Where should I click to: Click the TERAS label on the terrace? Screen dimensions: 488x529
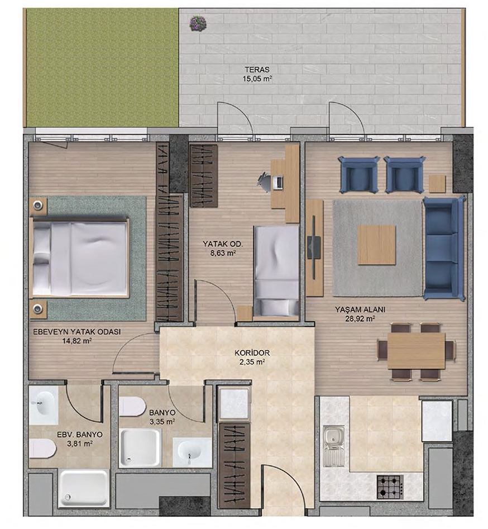pos(257,70)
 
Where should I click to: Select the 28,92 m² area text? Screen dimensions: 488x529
pos(360,318)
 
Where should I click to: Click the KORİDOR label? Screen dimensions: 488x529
pos(252,353)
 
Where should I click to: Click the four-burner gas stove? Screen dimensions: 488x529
pos(390,487)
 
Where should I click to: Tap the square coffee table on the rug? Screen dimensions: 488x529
pos(376,245)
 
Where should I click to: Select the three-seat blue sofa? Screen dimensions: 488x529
pos(443,249)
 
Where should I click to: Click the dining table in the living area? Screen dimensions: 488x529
pos(416,351)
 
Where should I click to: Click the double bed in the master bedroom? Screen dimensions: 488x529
pos(80,258)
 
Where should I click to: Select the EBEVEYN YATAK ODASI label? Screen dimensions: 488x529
pos(77,332)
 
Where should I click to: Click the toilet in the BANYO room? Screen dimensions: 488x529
pos(132,407)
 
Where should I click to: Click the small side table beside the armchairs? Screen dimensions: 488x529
pos(437,184)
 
